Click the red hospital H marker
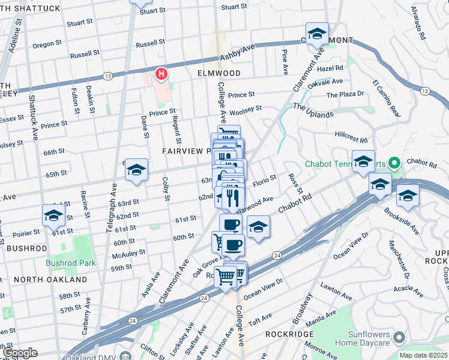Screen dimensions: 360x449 point(161,74)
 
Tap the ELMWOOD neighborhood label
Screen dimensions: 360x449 point(218,73)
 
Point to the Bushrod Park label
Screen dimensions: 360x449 point(71,263)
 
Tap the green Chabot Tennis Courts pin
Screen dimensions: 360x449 point(394,163)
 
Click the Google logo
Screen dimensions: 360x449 point(20,353)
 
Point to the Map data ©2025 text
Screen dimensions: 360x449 point(423,355)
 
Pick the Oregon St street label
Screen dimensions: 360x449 point(43,45)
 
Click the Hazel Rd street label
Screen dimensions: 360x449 point(330,68)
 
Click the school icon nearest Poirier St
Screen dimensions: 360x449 point(53,215)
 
